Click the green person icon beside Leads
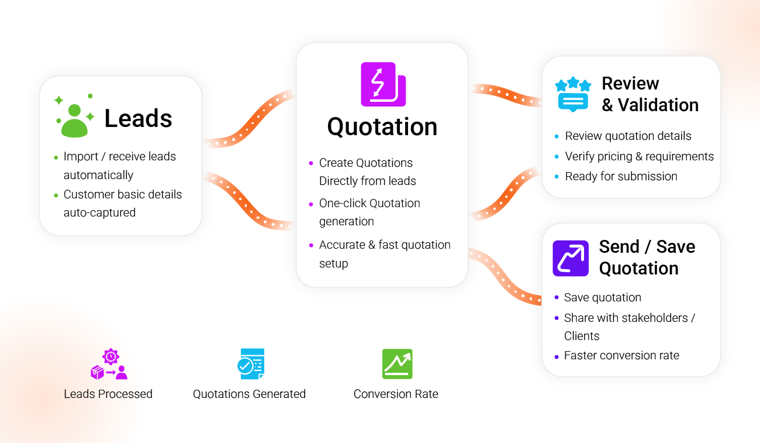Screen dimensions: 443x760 74,119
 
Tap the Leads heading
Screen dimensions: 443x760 138,119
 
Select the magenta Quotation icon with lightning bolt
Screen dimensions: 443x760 382,84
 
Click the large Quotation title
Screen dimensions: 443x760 382,126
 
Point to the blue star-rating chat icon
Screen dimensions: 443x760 573,94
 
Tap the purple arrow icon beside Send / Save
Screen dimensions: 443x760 571,258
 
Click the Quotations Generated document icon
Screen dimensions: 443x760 251,364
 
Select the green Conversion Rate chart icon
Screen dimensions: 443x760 397,364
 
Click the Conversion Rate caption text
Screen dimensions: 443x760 396,394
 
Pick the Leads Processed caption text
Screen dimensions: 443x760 108,394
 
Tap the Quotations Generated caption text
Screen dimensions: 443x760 249,394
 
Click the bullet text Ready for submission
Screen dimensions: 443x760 621,176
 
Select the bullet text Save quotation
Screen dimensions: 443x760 602,297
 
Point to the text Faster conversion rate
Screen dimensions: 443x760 621,355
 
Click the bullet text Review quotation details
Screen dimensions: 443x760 628,136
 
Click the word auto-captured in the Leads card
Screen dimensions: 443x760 99,212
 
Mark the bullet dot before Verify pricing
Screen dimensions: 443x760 557,157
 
